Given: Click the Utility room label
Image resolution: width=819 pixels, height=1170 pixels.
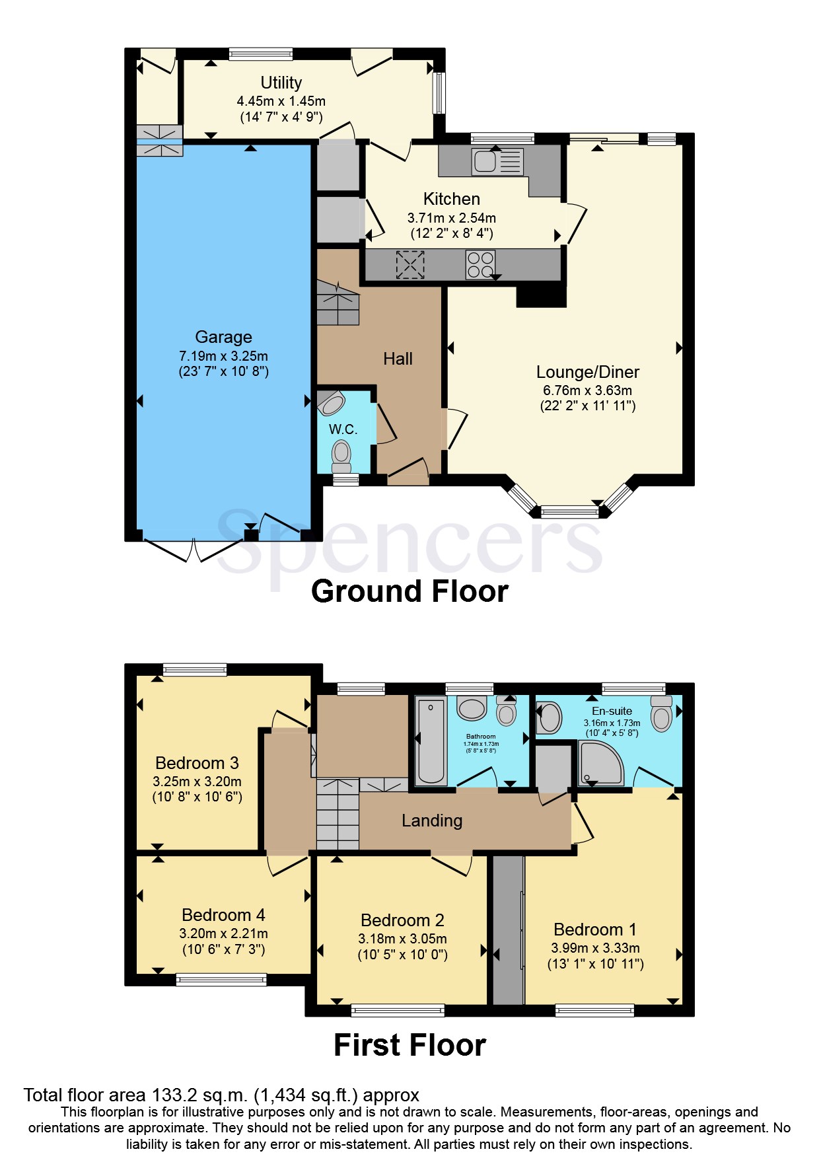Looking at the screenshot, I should [281, 83].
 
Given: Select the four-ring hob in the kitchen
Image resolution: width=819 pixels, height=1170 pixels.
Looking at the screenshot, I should [480, 264].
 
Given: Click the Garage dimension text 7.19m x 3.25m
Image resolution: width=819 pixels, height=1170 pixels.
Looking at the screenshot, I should [223, 355].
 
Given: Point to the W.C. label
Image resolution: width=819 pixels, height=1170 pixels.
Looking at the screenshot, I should [343, 429].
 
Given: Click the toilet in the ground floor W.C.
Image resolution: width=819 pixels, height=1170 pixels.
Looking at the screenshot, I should [341, 454].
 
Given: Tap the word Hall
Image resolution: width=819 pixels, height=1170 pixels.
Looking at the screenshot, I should [398, 359].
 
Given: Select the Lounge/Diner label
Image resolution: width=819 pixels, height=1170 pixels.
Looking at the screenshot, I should [587, 372].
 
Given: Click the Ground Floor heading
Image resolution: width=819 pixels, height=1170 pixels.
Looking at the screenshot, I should [409, 591].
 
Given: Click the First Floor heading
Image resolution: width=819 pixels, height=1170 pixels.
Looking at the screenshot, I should [409, 1045].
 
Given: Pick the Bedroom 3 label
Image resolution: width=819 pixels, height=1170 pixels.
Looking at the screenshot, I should [197, 763].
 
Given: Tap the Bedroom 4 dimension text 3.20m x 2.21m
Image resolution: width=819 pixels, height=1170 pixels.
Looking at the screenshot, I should [223, 933].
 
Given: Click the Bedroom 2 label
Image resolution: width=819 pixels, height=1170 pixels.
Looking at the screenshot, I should [402, 920].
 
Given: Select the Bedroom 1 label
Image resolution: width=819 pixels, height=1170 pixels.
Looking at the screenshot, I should [595, 930].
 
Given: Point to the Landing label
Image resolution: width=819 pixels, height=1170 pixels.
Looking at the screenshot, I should [432, 821].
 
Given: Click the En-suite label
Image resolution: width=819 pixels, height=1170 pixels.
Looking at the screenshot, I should [612, 711].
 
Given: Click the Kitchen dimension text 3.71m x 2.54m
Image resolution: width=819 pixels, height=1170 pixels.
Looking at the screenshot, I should [451, 217].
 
